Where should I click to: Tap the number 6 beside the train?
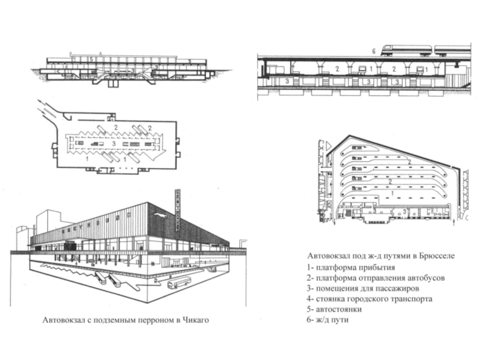click(x=373, y=52)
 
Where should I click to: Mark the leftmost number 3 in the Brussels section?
click(x=287, y=80)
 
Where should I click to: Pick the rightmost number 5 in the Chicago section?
click(x=189, y=61)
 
